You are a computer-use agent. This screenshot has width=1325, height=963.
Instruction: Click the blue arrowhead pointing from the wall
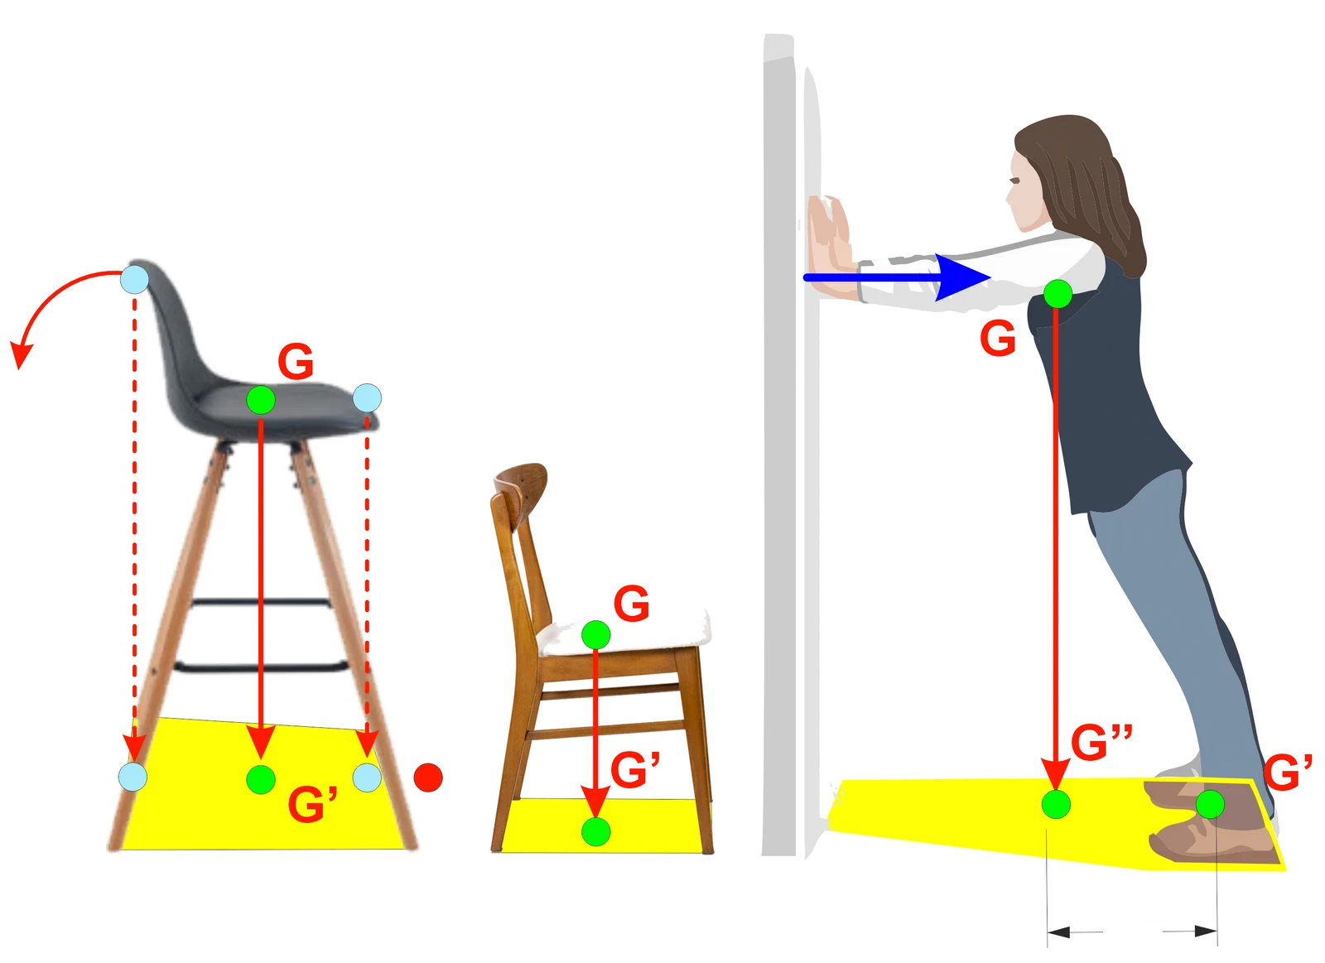[963, 277]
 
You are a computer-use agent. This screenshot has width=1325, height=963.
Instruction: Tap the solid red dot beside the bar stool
[428, 778]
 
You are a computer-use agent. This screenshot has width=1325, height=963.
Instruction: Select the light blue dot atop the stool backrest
[134, 279]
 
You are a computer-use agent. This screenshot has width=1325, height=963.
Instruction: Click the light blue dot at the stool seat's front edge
[368, 398]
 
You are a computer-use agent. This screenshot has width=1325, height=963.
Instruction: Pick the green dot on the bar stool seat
[261, 401]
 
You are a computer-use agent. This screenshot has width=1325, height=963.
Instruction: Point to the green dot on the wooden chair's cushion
[595, 635]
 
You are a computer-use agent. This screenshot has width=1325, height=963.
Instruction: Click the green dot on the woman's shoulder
[1058, 294]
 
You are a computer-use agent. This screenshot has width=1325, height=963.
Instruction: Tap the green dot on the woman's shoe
[1210, 805]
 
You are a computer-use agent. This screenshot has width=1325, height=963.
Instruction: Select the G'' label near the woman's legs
[1101, 743]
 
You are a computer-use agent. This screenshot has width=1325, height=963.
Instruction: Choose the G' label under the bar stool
[312, 804]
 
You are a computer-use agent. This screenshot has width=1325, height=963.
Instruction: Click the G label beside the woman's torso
[998, 339]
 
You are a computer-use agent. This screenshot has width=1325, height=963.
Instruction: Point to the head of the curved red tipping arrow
[20, 355]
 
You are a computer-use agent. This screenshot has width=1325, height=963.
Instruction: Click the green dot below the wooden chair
[595, 832]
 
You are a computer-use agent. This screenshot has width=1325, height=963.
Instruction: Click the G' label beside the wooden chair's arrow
[634, 769]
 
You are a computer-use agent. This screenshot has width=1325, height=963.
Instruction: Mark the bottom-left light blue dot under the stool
[133, 778]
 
